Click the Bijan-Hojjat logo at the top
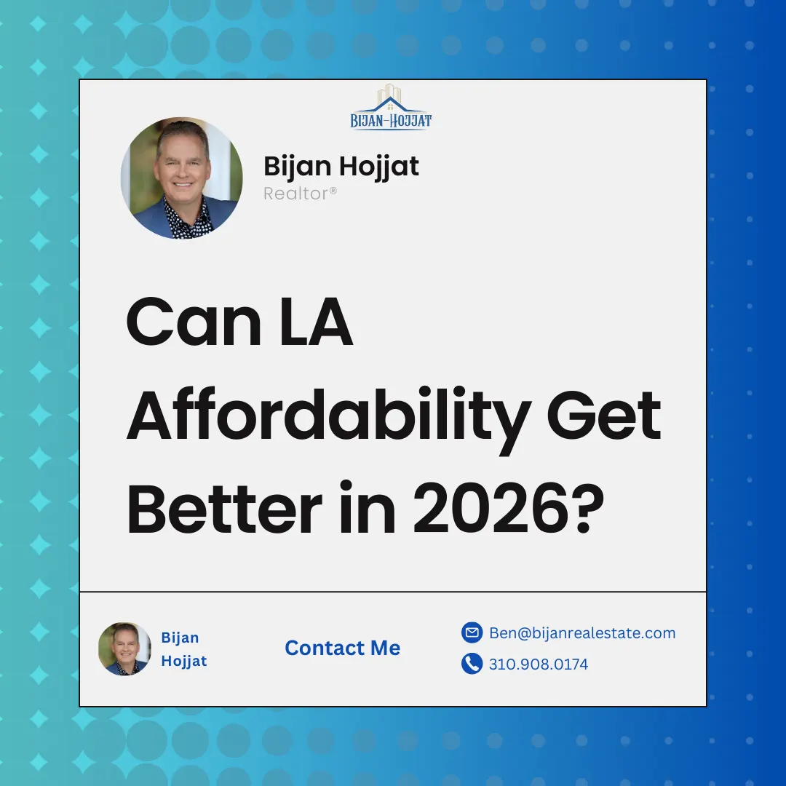[x=391, y=108]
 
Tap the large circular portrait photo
[x=181, y=178]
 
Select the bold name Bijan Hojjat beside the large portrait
[x=341, y=167]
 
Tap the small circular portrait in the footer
[x=124, y=648]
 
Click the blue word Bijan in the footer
[x=180, y=638]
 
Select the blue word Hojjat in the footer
[x=184, y=661]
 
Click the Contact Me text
[x=343, y=648]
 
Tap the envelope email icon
[x=472, y=633]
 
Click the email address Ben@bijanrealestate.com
[x=582, y=633]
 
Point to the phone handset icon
[x=472, y=664]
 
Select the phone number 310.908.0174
[x=539, y=664]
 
